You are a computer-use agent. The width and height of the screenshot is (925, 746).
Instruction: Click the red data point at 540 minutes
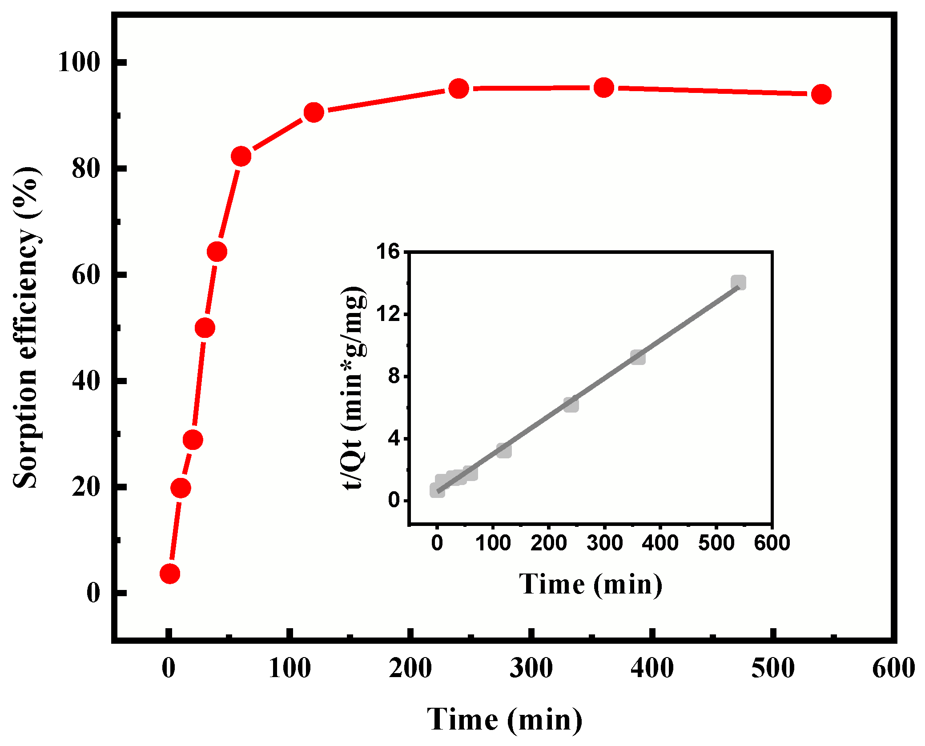[821, 94]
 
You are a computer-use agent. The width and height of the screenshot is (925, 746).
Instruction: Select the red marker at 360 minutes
[603, 88]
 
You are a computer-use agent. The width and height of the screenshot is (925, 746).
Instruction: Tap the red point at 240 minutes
[458, 89]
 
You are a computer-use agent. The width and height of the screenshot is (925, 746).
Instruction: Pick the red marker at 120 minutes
[314, 112]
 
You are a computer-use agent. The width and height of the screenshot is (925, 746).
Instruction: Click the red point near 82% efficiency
[241, 156]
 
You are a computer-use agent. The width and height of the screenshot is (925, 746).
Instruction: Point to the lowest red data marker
[169, 574]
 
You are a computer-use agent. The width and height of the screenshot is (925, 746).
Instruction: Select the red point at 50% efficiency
[205, 328]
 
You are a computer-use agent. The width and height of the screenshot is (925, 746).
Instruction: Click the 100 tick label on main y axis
[79, 62]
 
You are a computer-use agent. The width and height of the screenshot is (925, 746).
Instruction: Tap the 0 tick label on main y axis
[93, 593]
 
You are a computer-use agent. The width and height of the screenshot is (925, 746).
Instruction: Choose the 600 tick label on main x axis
[893, 668]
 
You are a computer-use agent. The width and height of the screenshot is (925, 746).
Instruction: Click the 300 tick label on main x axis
[531, 668]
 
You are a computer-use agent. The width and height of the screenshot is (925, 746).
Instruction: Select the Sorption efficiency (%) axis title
[26, 328]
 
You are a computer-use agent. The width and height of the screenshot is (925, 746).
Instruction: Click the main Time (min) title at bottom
[504, 719]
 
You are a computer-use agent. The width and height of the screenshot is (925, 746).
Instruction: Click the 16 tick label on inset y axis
[388, 252]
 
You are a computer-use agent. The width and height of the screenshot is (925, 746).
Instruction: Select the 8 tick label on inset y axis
[394, 377]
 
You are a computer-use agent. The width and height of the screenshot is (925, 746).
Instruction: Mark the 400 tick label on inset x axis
[660, 543]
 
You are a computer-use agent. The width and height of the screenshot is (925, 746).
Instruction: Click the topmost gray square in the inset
[738, 282]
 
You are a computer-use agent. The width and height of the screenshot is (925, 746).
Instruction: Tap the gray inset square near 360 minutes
[638, 357]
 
